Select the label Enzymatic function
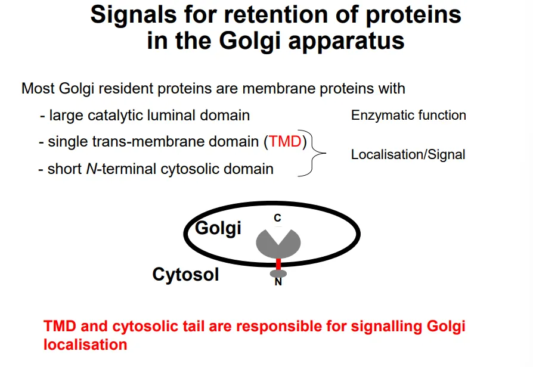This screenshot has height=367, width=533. click(408, 116)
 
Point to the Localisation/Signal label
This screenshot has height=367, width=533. click(408, 155)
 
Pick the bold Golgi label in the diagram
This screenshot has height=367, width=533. click(218, 228)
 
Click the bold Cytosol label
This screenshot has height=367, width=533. click(185, 275)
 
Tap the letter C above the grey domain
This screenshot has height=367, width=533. click(277, 219)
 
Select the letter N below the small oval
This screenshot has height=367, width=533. click(278, 282)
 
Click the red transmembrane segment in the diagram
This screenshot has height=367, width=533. click(278, 264)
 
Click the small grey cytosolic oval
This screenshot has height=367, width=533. click(278, 273)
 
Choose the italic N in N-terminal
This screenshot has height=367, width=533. click(90, 169)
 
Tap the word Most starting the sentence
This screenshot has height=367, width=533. click(38, 89)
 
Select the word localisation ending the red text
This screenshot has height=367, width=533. click(85, 345)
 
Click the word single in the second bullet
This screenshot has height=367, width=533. click(66, 142)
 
